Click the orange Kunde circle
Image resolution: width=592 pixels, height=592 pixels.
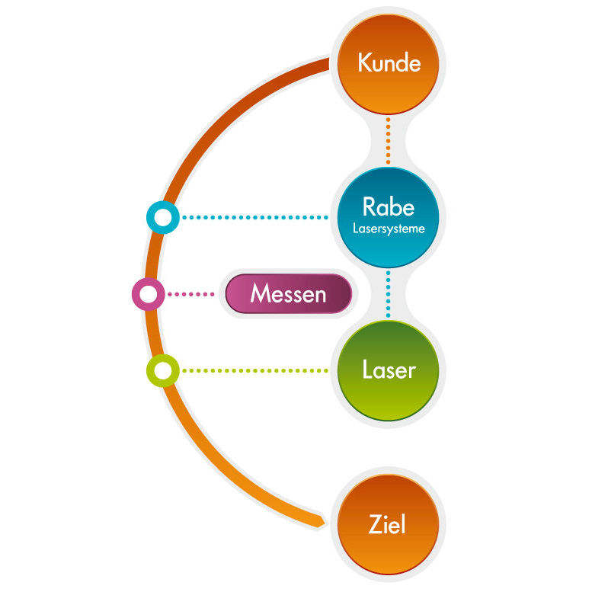coord(388,63)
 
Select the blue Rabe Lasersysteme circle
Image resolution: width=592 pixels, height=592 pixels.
coord(388,217)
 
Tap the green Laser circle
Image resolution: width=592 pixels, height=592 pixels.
coord(388,371)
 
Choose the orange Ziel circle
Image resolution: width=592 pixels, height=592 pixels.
coord(388,524)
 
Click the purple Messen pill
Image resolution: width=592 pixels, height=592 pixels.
coord(289,294)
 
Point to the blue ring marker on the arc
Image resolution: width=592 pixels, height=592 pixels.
coord(162,218)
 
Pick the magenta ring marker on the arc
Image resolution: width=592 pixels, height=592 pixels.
coord(148,294)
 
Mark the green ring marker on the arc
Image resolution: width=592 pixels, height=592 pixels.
coord(162,371)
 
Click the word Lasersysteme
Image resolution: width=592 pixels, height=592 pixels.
coord(389,228)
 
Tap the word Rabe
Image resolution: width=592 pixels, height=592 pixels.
coord(389,207)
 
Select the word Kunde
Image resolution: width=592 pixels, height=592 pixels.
coord(389,62)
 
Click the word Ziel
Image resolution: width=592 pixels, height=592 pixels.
coord(387,525)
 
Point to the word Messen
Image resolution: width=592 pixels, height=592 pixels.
coord(288,294)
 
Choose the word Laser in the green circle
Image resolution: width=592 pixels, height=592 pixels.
coord(389,371)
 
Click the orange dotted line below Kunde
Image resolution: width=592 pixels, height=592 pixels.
coord(388,140)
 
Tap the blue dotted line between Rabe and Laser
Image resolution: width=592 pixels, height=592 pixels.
coord(388,294)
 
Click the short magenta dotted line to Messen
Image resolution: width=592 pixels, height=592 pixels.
coord(190,294)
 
